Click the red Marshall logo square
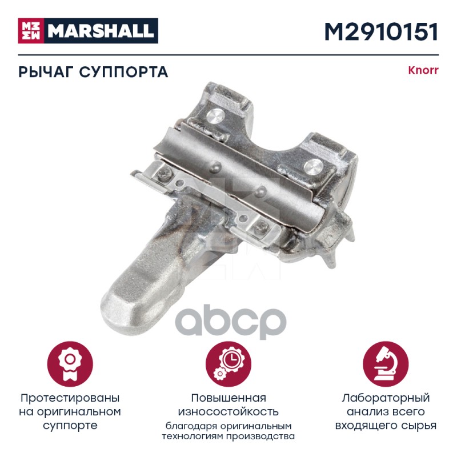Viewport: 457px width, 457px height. click(x=31, y=31)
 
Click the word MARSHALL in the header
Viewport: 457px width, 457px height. click(x=101, y=31)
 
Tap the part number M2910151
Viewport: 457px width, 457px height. click(x=381, y=31)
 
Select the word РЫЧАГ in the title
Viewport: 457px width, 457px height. click(x=45, y=72)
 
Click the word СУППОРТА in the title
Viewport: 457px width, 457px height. click(x=123, y=72)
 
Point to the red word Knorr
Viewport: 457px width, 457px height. click(x=423, y=71)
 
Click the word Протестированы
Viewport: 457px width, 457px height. click(x=70, y=398)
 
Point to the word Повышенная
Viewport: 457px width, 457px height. click(x=228, y=398)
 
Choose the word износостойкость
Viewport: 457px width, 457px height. click(x=228, y=411)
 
